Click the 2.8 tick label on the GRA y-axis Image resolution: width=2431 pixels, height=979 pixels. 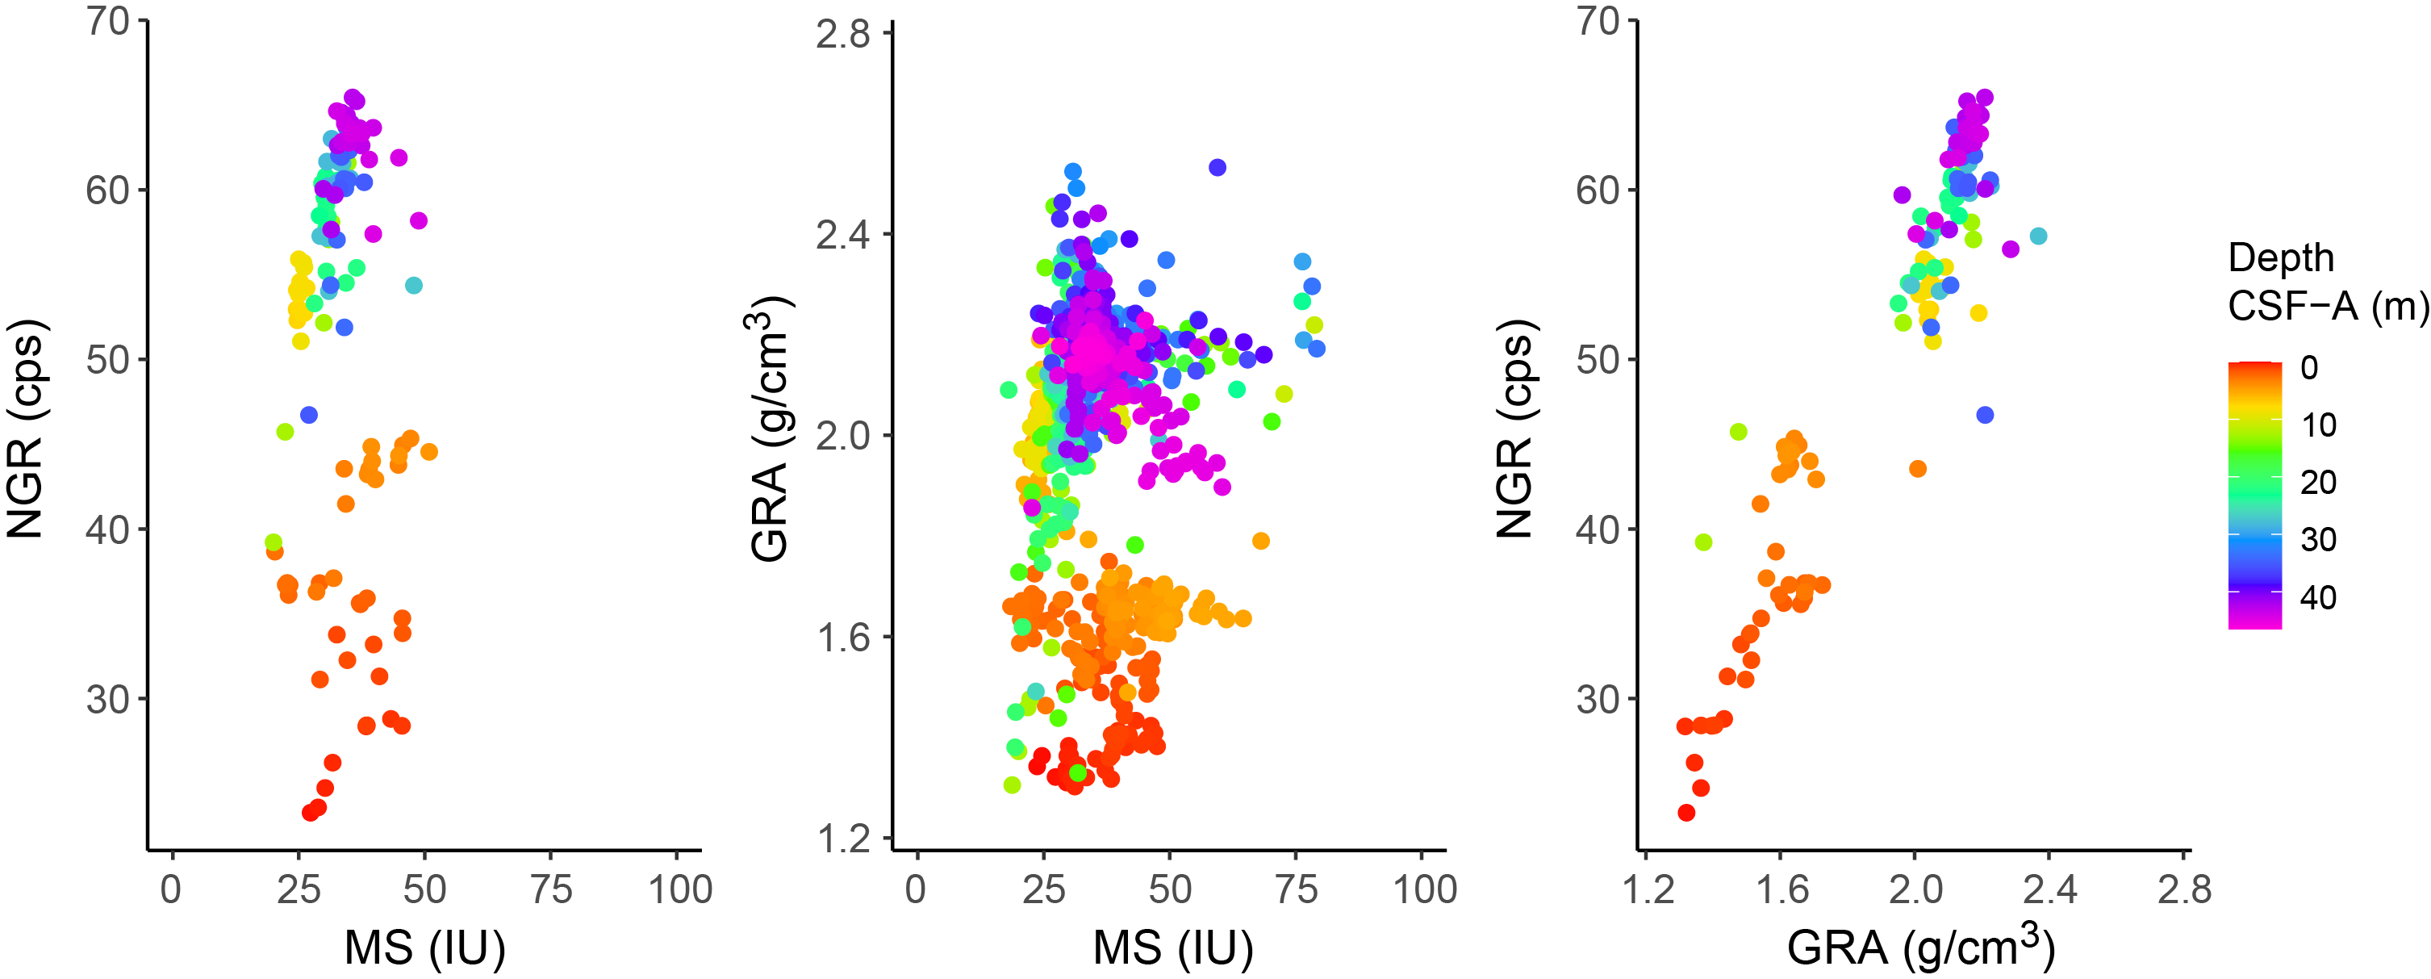pos(842,35)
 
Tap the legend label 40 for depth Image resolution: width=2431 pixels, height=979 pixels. pos(2318,597)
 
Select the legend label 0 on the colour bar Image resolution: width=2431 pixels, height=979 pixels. pos(2309,367)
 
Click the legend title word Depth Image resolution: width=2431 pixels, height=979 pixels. pos(2281,257)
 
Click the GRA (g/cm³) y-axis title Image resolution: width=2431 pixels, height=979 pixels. pos(769,429)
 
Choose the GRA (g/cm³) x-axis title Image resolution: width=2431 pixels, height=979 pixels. pos(1919,946)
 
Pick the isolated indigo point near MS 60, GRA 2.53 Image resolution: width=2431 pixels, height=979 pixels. pos(1218,167)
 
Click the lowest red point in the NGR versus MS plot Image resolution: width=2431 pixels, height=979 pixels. pos(310,812)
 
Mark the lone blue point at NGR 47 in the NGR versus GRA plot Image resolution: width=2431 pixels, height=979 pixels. pos(1985,415)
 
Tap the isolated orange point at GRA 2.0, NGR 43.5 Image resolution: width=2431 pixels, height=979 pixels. pos(1918,468)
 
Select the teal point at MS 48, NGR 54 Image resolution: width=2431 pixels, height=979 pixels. pos(413,285)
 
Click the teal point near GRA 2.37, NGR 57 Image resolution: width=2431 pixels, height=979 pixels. pos(2038,236)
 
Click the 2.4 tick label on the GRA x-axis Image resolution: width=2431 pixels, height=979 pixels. pos(2049,889)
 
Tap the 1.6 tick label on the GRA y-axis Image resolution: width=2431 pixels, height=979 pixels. pos(842,638)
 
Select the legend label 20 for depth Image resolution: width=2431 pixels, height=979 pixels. pos(2318,483)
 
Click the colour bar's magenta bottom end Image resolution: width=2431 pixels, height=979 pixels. pos(2254,621)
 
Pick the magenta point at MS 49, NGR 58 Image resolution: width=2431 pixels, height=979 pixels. pos(419,221)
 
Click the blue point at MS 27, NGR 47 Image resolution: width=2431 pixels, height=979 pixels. pos(308,415)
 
